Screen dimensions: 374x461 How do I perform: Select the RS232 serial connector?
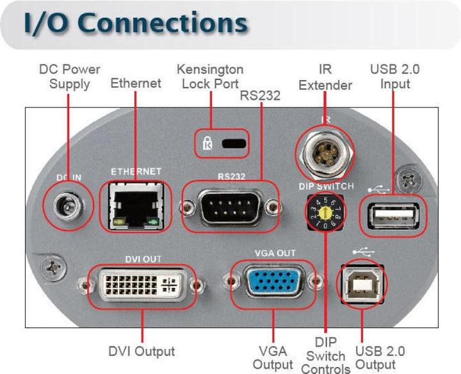(x=229, y=206)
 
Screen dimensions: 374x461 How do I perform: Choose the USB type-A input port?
(x=391, y=215)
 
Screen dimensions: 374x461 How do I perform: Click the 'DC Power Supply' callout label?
(x=69, y=76)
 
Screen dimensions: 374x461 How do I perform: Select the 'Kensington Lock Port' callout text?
(x=209, y=76)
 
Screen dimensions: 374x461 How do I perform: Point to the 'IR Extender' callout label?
(x=325, y=76)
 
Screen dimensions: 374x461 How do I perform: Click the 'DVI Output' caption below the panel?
(x=141, y=351)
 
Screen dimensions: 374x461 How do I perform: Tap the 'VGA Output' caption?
(x=273, y=357)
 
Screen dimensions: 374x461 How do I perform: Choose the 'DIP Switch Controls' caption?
(x=326, y=355)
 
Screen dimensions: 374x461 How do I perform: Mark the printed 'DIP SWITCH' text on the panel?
(x=326, y=186)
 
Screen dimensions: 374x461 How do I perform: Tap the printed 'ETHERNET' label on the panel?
(x=136, y=172)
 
